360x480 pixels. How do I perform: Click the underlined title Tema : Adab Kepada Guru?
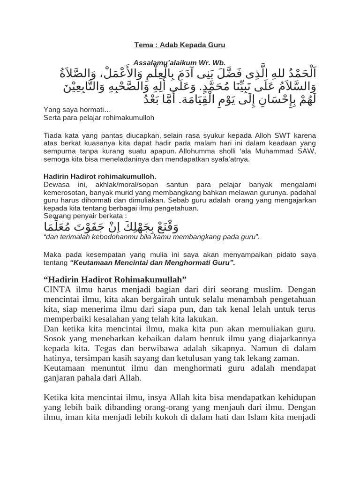(x=180, y=45)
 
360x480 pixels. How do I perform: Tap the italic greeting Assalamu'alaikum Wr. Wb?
(x=180, y=62)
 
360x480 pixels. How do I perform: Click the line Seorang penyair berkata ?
(x=85, y=216)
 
